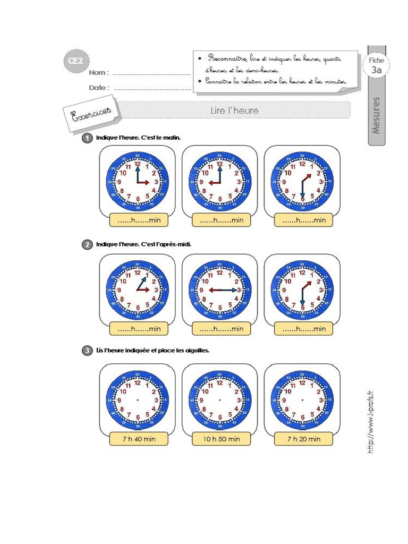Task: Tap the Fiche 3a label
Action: pos(376,65)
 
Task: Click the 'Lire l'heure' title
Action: pos(234,110)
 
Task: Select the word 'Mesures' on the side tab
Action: pos(377,114)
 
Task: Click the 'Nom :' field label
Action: pos(99,72)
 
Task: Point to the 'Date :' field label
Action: pos(99,88)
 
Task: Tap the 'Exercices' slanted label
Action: pos(91,113)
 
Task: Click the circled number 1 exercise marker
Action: pos(87,138)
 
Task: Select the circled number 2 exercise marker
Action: pos(87,244)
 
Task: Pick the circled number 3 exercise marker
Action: pos(87,351)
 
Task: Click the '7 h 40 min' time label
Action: pos(139,439)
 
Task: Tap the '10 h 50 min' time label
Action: pos(221,439)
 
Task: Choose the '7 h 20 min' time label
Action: pos(303,439)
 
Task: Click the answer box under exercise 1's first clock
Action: pos(139,220)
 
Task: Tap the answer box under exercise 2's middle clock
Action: pos(221,329)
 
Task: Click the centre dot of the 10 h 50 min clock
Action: pos(220,400)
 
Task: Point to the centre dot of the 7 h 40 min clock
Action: pos(138,400)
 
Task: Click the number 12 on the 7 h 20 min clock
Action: pos(302,382)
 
